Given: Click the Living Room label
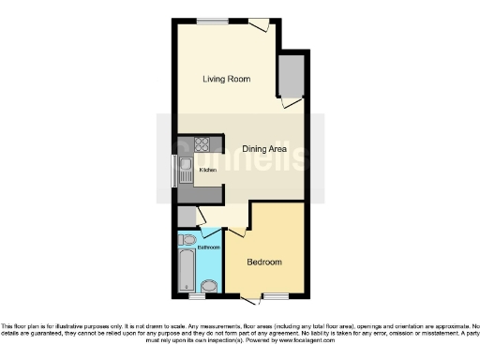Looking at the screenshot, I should coord(226,79).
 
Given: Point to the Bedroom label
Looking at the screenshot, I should coord(264,262).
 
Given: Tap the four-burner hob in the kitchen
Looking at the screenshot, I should coord(200,145).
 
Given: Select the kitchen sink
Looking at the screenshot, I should coord(186,171).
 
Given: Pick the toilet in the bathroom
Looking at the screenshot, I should coord(188,241).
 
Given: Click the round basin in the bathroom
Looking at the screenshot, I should coord(209,286).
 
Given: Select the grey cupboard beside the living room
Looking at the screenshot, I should coord(292,75).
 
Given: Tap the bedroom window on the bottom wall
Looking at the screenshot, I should coord(275,296).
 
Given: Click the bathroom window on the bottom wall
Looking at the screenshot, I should coord(196,297).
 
